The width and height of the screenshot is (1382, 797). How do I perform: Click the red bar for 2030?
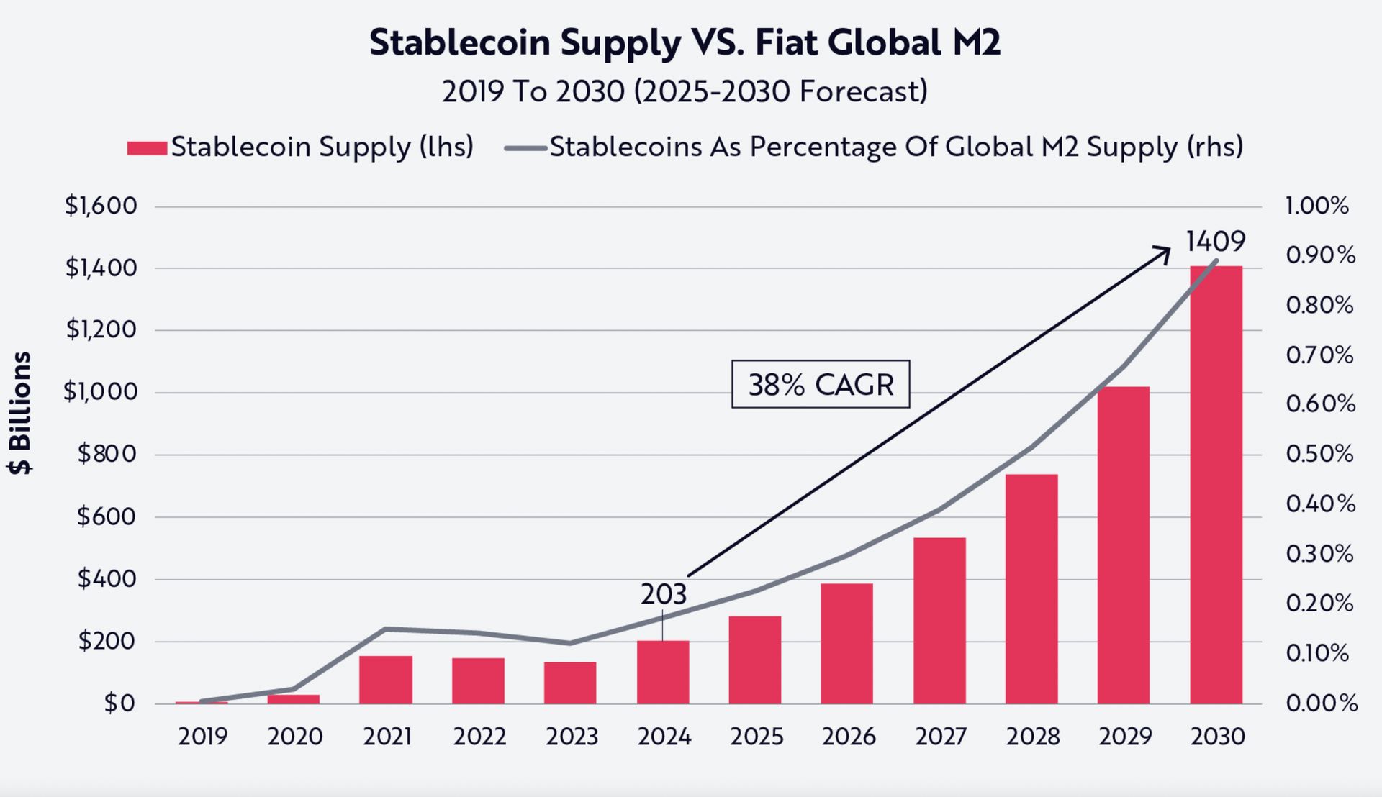coord(1216,485)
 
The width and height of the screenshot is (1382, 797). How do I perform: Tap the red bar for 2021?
coord(386,679)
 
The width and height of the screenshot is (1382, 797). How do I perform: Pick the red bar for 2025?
coord(754,660)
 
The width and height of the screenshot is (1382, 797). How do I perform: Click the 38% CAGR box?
coord(821,385)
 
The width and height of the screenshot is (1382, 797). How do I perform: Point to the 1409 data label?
coord(1215,242)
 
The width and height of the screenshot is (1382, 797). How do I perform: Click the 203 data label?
coord(663,594)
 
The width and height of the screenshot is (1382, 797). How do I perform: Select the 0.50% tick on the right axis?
coord(1319,454)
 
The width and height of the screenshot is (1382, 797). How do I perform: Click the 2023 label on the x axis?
coord(572,737)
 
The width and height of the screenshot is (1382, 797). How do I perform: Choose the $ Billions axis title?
coord(20,413)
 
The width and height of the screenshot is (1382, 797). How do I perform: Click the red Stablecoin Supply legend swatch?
coord(147,148)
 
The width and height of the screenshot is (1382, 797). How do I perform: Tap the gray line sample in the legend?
coord(525,148)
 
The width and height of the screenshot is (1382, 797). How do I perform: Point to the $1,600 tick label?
coord(101,206)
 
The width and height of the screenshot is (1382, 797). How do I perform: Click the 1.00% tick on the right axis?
coord(1316,206)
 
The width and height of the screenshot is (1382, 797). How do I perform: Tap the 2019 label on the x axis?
coord(202,737)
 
